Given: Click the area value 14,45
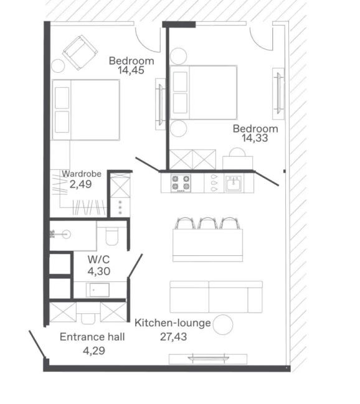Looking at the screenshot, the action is click(131, 70).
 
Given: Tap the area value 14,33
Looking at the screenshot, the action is click(255, 138).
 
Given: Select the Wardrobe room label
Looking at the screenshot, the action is click(82, 174).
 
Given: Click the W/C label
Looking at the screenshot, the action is click(98, 260).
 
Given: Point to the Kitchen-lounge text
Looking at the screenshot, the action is click(173, 323).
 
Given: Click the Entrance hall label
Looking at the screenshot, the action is click(92, 337).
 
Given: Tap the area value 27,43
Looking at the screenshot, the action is click(173, 337).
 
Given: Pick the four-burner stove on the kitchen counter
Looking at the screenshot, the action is click(181, 183).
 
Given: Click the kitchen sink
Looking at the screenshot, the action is click(234, 183).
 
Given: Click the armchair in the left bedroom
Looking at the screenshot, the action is click(80, 52).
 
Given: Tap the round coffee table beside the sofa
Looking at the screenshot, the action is click(223, 325).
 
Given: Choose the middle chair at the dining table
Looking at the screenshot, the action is click(207, 223).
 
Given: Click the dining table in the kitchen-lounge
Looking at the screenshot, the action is click(207, 245).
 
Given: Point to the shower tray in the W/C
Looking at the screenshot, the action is click(98, 290).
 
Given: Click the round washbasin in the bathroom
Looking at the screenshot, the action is click(66, 235).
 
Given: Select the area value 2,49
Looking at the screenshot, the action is click(81, 184).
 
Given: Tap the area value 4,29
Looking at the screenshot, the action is click(94, 351).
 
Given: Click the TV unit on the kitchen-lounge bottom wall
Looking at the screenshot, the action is click(208, 359).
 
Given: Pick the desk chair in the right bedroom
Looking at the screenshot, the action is click(237, 152).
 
